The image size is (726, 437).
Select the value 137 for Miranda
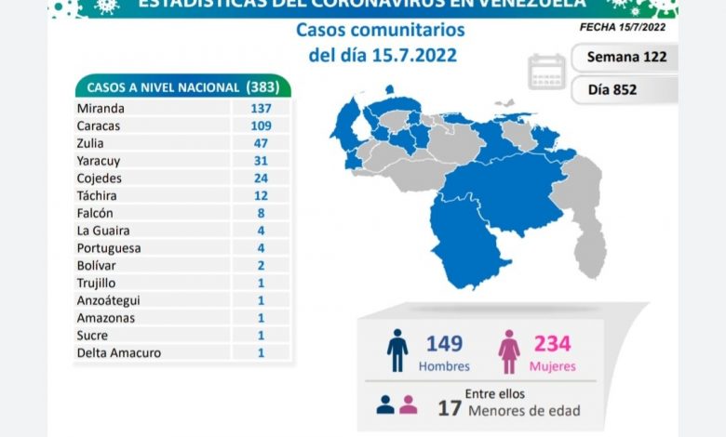coord(254,108)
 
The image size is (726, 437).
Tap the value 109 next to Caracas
coord(254,126)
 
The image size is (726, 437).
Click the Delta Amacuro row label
coord(119,352)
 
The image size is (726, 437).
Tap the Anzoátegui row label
coord(111,300)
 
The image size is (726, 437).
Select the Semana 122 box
coord(625,57)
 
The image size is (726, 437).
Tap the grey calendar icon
coord(546,72)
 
